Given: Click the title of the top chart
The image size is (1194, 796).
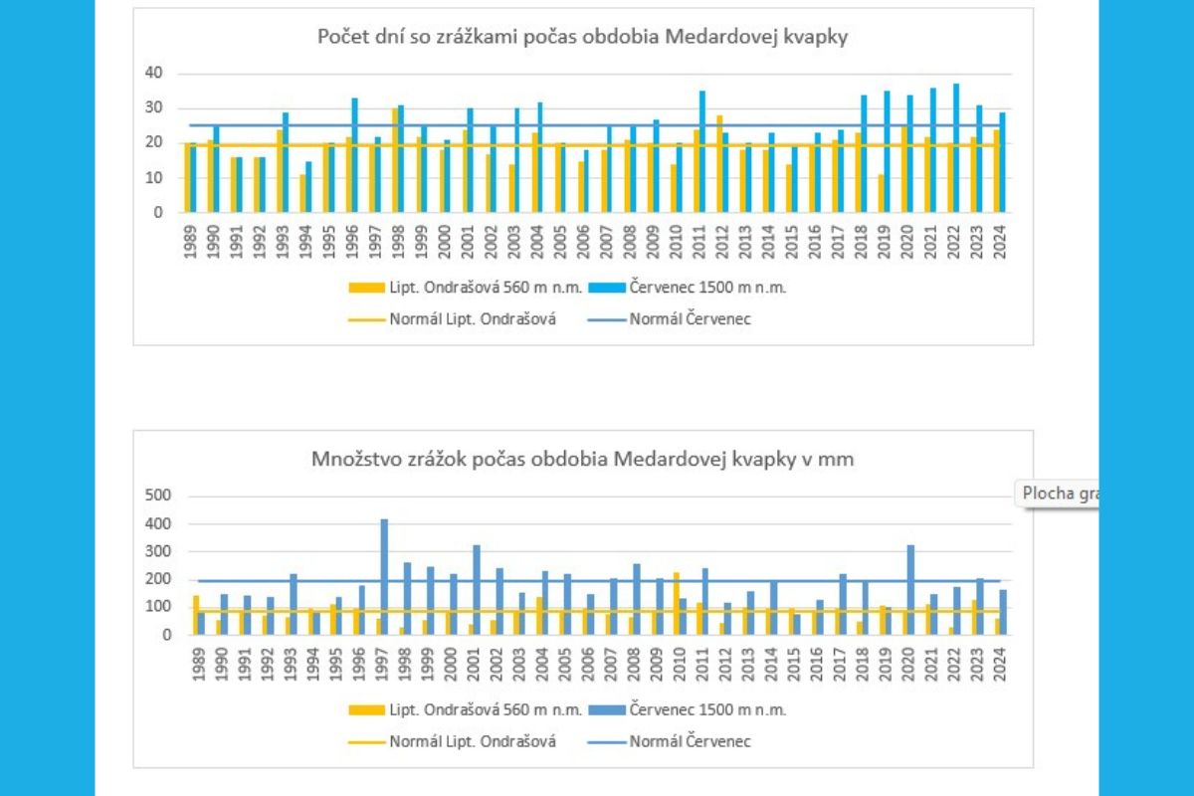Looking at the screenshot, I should pyautogui.click(x=582, y=37).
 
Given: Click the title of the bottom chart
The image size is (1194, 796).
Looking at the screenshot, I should pyautogui.click(x=582, y=460).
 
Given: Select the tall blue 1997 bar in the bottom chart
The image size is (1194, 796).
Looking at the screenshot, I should pyautogui.click(x=384, y=577).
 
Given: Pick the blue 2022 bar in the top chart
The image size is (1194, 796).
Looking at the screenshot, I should pyautogui.click(x=957, y=148).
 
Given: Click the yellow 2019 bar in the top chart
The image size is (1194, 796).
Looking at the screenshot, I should pyautogui.click(x=881, y=194).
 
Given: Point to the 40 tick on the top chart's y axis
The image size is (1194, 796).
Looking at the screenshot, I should pyautogui.click(x=153, y=73).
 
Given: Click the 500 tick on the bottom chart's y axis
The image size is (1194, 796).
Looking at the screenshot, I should pyautogui.click(x=159, y=496).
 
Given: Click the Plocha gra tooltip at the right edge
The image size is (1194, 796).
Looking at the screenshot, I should pyautogui.click(x=1058, y=494).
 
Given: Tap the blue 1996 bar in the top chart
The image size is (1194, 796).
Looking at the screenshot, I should pyautogui.click(x=355, y=155).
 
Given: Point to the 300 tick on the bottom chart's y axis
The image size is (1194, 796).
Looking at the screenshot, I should pyautogui.click(x=159, y=551).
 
